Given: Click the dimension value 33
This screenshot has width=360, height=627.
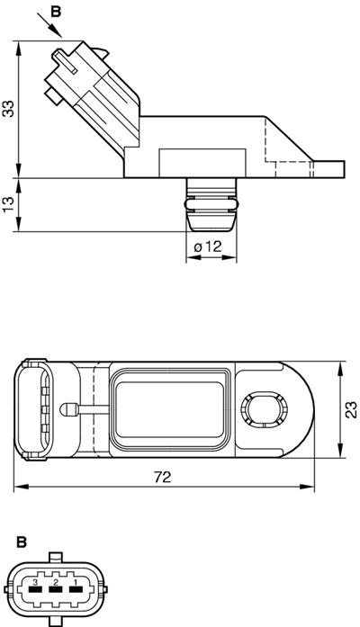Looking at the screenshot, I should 8,108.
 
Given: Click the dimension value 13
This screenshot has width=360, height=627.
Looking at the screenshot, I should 8,204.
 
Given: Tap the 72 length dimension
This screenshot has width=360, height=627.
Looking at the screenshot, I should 162,478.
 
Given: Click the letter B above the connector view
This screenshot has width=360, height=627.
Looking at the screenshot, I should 21,542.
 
